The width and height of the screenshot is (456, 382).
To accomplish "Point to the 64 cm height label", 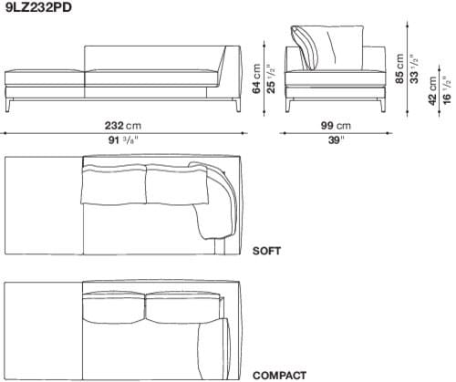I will pos(257,78).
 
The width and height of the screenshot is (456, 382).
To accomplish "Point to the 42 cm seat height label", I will pos(431,93).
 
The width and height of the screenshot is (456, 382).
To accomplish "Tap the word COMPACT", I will pos(277,375).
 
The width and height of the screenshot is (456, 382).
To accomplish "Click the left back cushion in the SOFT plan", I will pos(112,185).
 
